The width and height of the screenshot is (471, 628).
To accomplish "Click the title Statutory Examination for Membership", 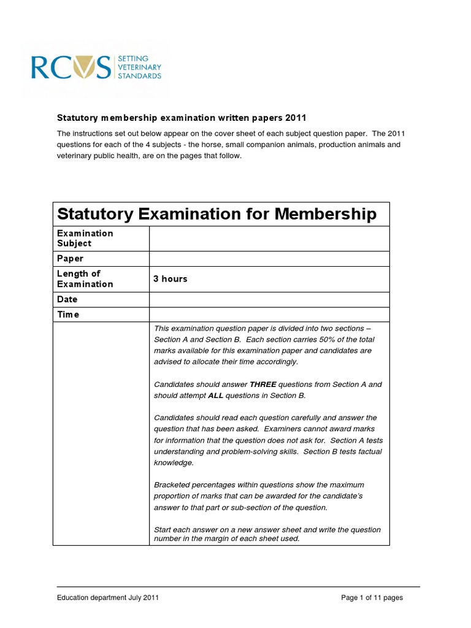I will pos(216,214).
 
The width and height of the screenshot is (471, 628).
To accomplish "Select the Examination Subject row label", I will pos(85,238).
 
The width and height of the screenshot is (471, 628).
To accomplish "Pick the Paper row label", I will pos(71,259).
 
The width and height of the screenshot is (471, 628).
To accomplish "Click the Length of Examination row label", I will pos(85,279).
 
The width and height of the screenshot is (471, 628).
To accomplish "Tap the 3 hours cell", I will pos(170,279).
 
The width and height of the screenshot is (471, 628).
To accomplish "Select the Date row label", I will pos(67,299).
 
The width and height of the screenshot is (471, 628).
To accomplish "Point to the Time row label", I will pos(69,315).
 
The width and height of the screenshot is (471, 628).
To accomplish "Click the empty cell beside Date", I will pos(269,299).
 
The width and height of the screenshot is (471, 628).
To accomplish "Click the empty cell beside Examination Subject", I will pos(269,238).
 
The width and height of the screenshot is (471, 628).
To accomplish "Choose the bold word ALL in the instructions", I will pos(216,396).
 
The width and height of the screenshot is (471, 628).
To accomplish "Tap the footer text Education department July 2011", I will pos(109,598).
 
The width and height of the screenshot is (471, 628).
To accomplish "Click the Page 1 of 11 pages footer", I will pos(372,598).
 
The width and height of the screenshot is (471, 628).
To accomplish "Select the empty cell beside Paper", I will pos(269,259).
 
